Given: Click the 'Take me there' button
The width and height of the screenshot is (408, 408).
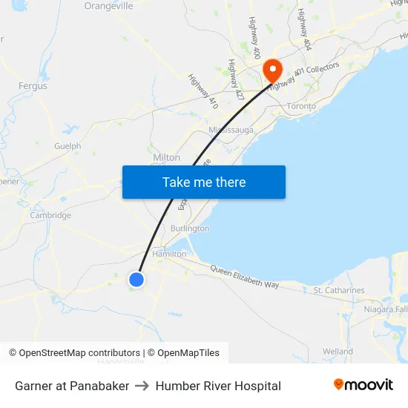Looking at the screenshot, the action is pyautogui.click(x=203, y=182).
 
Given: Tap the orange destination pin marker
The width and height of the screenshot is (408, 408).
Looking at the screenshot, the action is pyautogui.click(x=273, y=70).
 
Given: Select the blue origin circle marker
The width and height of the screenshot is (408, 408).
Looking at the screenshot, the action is pyautogui.click(x=136, y=279).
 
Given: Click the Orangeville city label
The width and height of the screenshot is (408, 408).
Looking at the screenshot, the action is pyautogui.click(x=108, y=6).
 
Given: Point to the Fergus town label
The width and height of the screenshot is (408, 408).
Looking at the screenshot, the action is pyautogui.click(x=33, y=86).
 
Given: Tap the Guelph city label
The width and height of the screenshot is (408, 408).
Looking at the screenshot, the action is pyautogui.click(x=68, y=146).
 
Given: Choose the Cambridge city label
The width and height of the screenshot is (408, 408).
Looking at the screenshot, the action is pyautogui.click(x=50, y=216).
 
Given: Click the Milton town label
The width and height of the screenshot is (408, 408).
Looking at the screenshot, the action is pyautogui.click(x=166, y=158).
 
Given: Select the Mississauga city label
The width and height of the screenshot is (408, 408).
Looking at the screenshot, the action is pyautogui.click(x=231, y=130).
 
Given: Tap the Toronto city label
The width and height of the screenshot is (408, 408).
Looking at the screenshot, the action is pyautogui.click(x=301, y=106).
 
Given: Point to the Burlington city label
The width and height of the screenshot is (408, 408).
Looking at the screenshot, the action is pyautogui.click(x=190, y=228).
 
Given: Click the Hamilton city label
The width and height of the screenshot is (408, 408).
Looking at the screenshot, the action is pyautogui.click(x=169, y=254).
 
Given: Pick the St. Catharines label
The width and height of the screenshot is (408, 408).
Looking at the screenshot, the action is pyautogui.click(x=339, y=290).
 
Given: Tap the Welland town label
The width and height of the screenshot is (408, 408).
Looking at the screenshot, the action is pyautogui.click(x=338, y=351).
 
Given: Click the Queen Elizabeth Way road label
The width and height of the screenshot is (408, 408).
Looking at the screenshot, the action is pyautogui.click(x=245, y=277).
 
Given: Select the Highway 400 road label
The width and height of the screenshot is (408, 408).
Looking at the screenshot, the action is pyautogui.click(x=254, y=38).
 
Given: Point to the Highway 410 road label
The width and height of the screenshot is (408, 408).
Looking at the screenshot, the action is pyautogui.click(x=203, y=91).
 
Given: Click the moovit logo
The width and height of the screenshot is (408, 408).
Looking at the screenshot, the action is pyautogui.click(x=363, y=385).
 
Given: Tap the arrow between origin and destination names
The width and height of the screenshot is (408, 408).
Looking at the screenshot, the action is pyautogui.click(x=142, y=386).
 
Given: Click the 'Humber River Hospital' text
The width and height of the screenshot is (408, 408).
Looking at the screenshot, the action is pyautogui.click(x=218, y=386).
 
